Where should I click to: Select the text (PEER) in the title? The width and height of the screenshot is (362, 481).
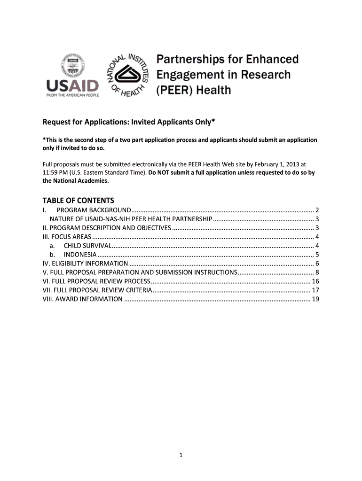174,89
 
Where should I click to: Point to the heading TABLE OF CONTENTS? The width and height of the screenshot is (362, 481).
79,200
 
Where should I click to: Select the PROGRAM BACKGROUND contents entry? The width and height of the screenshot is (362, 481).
94,210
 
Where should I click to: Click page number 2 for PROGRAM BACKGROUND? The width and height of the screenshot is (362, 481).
318,210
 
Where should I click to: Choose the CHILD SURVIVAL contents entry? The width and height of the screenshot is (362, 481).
87,246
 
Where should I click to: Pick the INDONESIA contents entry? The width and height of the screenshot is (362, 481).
80,255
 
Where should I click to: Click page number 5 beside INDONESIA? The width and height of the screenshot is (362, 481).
318,255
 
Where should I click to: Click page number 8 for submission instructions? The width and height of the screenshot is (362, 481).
318,272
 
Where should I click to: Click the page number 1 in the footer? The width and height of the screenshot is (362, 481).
181,455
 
